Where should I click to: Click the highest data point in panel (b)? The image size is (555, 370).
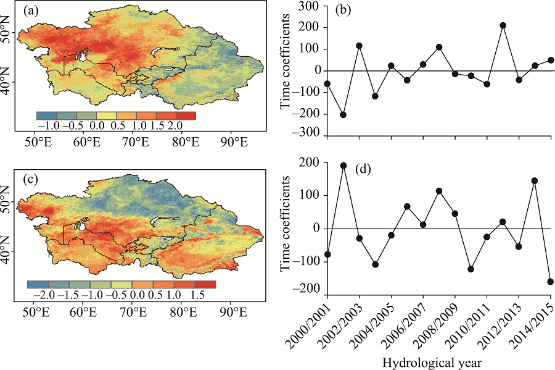tap(503, 25)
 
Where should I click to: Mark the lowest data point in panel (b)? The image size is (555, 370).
tap(343, 114)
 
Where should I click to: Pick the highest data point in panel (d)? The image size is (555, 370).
tap(343, 166)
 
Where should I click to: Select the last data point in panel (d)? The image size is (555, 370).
tap(551, 282)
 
